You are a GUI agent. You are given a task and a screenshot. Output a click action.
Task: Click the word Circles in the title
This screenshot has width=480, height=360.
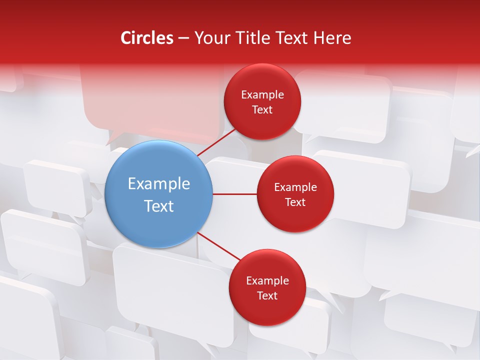point(146,38)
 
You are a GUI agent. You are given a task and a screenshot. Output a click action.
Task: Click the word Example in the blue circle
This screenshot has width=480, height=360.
point(159,184)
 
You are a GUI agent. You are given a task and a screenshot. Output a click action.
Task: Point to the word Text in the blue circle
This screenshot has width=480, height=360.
point(159,206)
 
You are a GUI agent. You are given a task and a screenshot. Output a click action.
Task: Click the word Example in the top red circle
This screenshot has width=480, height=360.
point(262,95)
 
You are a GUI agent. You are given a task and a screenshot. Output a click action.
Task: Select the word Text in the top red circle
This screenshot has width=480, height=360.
point(262,110)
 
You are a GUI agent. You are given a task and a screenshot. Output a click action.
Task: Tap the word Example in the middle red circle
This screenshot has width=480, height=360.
point(295,187)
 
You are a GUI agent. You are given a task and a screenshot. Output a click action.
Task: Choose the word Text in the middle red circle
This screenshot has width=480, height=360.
point(295,202)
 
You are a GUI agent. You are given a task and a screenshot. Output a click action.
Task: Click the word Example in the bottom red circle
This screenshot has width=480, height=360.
point(267,281)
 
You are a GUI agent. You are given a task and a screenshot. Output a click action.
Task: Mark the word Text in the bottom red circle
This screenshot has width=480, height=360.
point(267,296)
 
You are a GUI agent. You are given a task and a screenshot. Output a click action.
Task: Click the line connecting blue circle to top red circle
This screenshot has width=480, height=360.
point(217,142)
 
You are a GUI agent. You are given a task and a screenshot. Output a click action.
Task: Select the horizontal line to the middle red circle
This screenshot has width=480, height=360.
point(234,194)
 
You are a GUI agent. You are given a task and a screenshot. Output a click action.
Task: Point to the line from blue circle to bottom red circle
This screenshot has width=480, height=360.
point(219,246)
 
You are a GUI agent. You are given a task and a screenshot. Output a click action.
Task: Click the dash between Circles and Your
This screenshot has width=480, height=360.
point(183,38)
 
